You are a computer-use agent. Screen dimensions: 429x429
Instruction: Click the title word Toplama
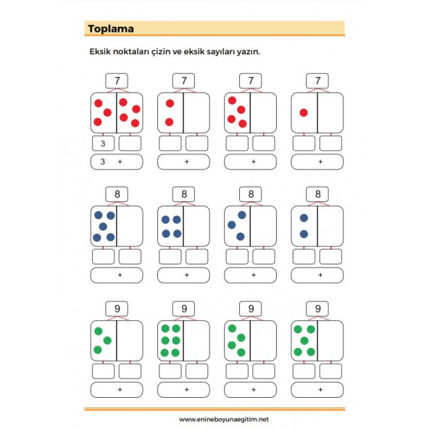pyautogui.click(x=110, y=29)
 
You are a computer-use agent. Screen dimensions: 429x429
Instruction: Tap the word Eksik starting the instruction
pyautogui.click(x=101, y=52)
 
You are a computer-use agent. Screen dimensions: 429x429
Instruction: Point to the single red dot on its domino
pyautogui.click(x=304, y=112)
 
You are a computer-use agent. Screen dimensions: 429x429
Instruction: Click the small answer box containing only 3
pyautogui.click(x=104, y=143)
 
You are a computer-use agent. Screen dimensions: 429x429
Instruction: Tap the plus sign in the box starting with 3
pyautogui.click(x=120, y=162)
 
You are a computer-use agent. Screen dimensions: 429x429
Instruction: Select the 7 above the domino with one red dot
pyautogui.click(x=317, y=80)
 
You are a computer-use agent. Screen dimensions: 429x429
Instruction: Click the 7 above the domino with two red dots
pyautogui.click(x=184, y=80)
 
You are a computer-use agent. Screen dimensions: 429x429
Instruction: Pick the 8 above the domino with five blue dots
pyautogui.click(x=117, y=193)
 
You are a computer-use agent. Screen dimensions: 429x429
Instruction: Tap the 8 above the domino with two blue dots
pyautogui.click(x=317, y=193)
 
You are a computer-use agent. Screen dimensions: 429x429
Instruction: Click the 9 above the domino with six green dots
pyautogui.click(x=184, y=308)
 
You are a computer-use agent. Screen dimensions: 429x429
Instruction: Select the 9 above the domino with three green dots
pyautogui.click(x=117, y=308)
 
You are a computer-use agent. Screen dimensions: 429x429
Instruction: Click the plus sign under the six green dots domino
pyautogui.click(x=186, y=389)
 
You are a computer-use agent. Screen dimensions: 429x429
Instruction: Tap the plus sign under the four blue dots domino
pyautogui.click(x=186, y=275)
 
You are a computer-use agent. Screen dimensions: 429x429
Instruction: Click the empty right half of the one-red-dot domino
pyautogui.click(x=330, y=112)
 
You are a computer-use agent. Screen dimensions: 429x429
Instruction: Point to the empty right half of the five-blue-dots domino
pyautogui.click(x=130, y=225)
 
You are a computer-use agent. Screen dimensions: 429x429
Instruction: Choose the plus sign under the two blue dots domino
pyautogui.click(x=320, y=275)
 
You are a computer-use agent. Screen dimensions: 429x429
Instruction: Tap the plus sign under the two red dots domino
pyautogui.click(x=186, y=162)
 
